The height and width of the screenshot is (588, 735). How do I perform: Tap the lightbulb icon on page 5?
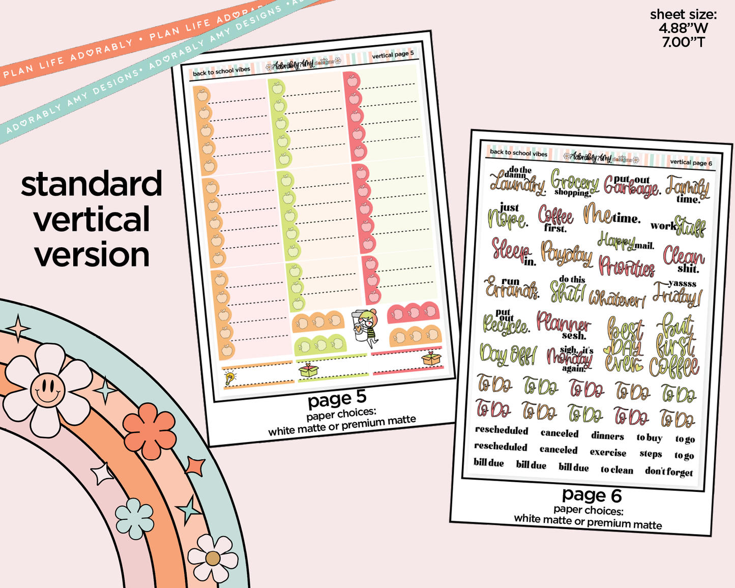pos(230,377)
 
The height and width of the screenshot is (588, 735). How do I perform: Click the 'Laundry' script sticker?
pos(516,182)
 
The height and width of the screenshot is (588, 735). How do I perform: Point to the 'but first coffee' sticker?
pos(675,346)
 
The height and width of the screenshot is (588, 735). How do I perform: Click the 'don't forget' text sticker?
pos(669,472)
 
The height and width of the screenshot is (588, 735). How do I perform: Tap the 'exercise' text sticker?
pos(608,452)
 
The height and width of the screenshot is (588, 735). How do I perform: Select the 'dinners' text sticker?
pos(607,436)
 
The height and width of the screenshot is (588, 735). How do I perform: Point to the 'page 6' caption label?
pos(592,495)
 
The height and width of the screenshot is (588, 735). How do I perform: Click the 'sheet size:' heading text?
pos(683,15)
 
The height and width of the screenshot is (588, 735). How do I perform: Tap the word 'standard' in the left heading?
pos(92,184)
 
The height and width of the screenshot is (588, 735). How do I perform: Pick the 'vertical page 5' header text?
pos(393,54)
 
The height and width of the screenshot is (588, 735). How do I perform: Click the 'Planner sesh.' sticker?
pos(563,325)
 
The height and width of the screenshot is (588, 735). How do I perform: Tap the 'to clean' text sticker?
pos(616,469)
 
